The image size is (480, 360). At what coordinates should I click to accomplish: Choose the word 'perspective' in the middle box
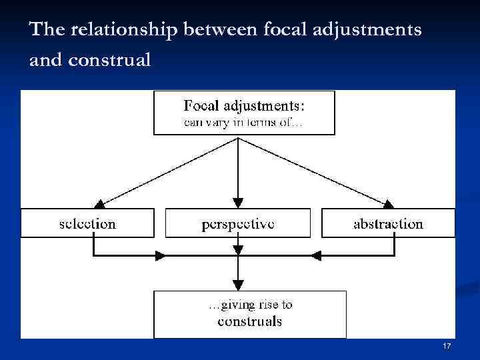(x=237, y=223)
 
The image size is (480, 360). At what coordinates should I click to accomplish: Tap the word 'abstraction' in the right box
(x=388, y=223)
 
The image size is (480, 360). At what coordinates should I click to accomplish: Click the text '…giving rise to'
(x=250, y=305)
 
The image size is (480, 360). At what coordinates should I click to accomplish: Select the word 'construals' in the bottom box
(x=250, y=322)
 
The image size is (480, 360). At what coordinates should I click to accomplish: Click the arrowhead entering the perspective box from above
(x=238, y=203)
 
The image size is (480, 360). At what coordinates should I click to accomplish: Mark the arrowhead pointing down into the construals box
(x=238, y=285)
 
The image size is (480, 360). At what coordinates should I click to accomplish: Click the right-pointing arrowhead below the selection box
(x=161, y=255)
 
